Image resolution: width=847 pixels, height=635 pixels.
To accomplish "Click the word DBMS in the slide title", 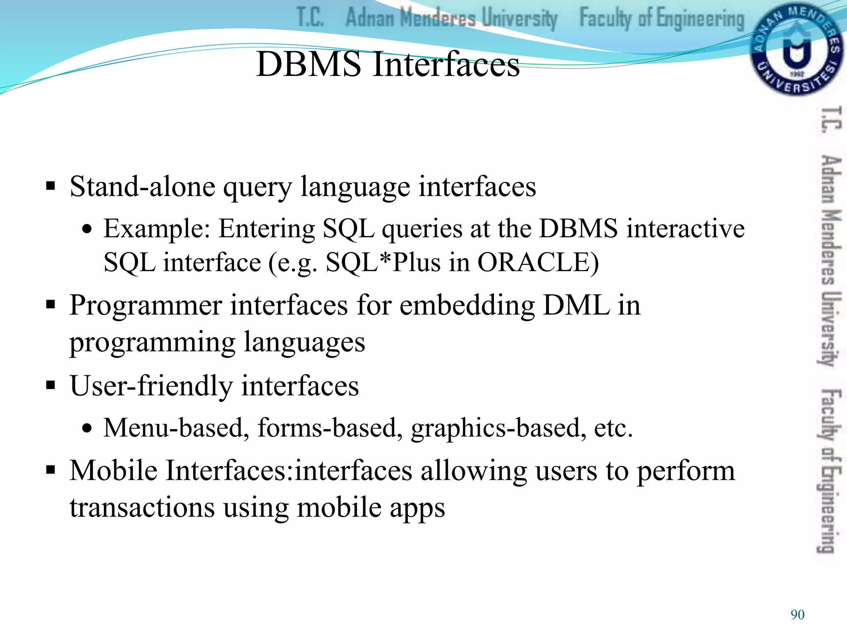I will point(309,64).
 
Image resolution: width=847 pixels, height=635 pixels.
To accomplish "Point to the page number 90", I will point(797,615).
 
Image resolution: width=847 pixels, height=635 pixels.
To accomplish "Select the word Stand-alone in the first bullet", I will point(142,186).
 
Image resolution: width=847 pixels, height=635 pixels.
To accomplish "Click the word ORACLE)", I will point(538,263).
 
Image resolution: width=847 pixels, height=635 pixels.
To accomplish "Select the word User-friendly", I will point(151,386).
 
